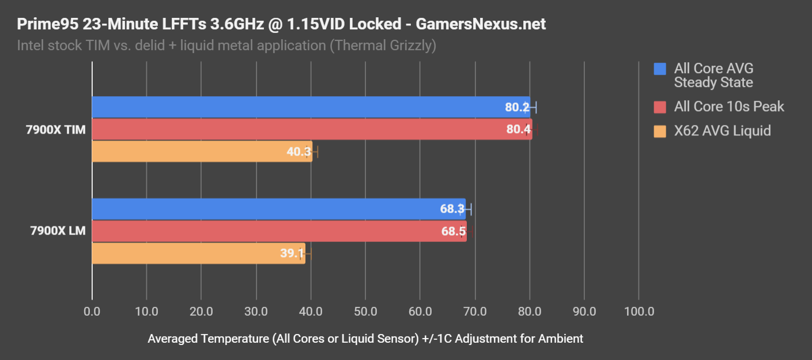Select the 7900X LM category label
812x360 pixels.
(58, 232)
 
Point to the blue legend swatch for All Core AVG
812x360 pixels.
(660, 69)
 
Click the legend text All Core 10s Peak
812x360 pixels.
(729, 107)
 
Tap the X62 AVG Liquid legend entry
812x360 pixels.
(722, 131)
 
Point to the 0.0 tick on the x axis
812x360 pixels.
(92, 312)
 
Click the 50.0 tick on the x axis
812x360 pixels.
(365, 312)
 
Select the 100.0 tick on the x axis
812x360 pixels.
(639, 312)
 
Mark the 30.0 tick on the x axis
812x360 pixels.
(256, 312)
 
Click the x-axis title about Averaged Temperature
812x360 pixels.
(365, 339)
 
